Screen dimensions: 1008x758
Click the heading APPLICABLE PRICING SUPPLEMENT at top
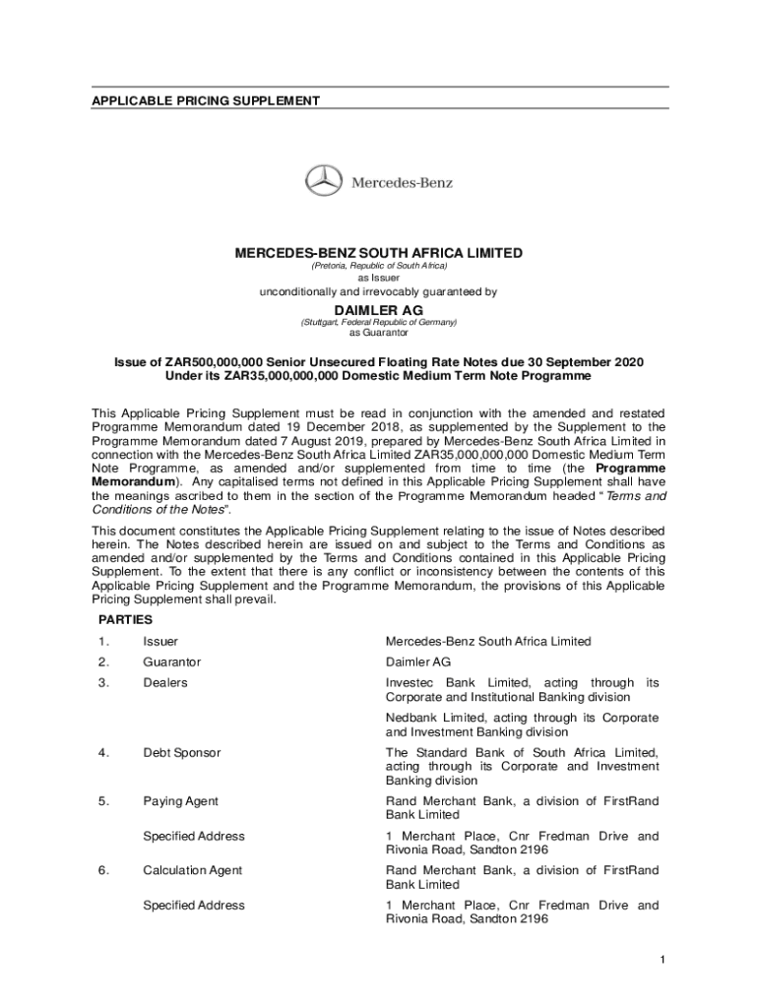pyautogui.click(x=206, y=101)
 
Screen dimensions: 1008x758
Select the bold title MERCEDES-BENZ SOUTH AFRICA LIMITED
pyautogui.click(x=378, y=253)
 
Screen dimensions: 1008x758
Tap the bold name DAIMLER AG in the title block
pyautogui.click(x=378, y=309)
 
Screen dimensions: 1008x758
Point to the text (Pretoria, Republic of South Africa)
pyautogui.click(x=378, y=267)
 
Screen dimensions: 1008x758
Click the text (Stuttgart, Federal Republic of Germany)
pyautogui.click(x=378, y=322)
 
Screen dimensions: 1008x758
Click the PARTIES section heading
pyautogui.click(x=125, y=620)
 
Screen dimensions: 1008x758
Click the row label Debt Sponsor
pyautogui.click(x=181, y=753)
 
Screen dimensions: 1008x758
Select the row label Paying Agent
pyautogui.click(x=180, y=801)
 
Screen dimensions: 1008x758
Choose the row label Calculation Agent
pyautogui.click(x=192, y=870)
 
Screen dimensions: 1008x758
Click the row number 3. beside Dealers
pyautogui.click(x=102, y=683)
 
